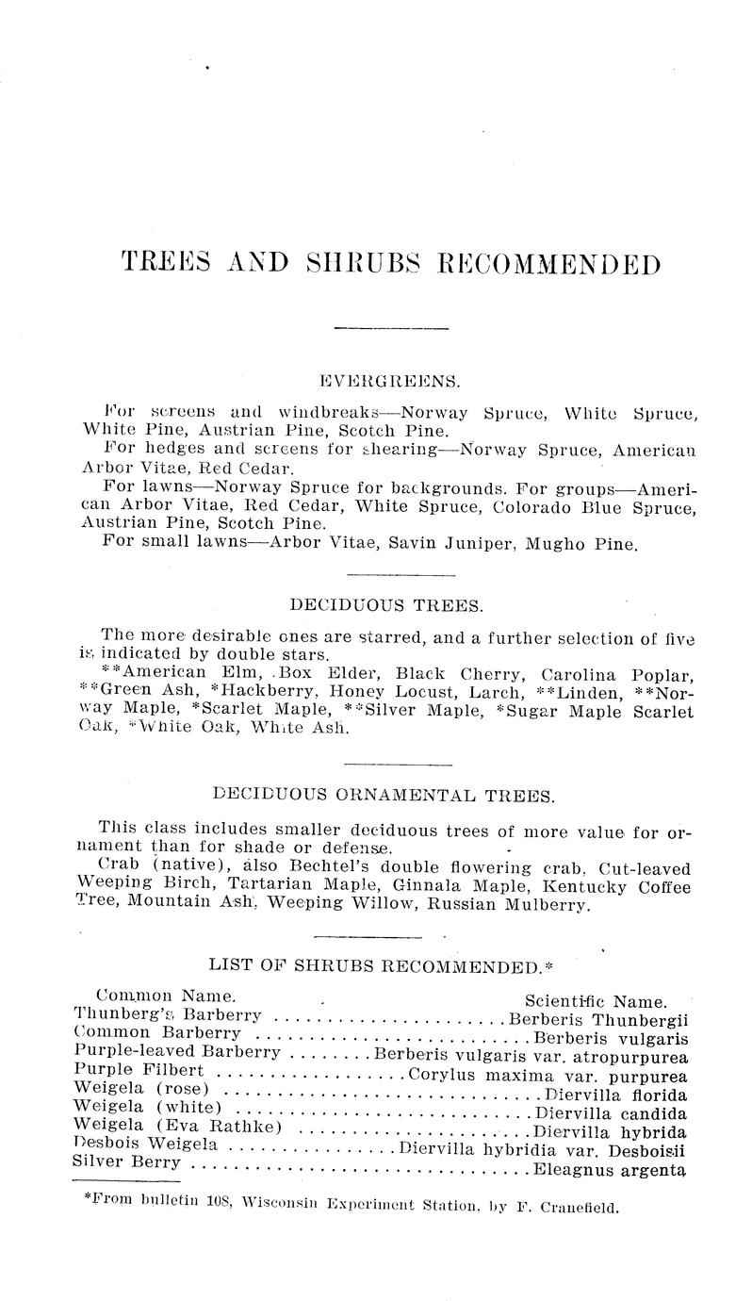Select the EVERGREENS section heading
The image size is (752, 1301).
(x=390, y=382)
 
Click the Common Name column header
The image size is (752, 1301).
(x=165, y=996)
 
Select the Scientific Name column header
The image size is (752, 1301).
(x=596, y=1001)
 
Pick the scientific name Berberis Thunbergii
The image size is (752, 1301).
(x=601, y=1020)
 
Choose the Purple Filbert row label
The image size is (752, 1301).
(x=139, y=1071)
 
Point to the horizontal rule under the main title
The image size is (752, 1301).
(x=391, y=328)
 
